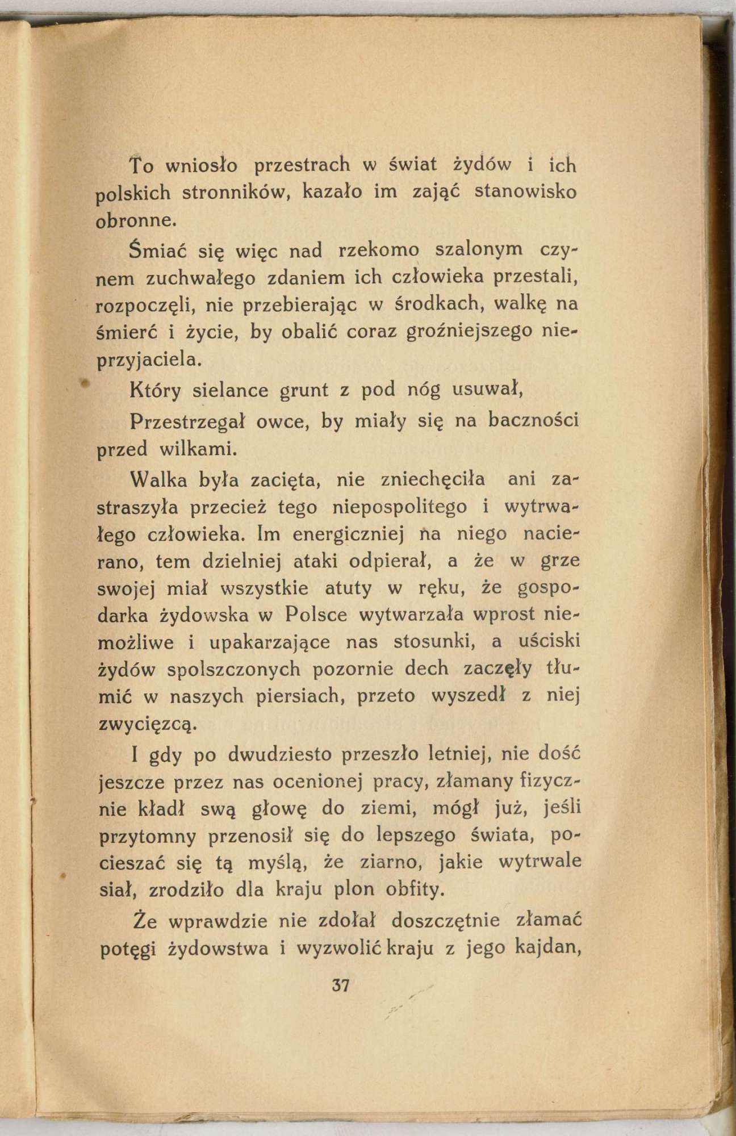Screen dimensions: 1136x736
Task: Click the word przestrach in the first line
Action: click(301, 165)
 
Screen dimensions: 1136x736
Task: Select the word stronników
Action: click(237, 193)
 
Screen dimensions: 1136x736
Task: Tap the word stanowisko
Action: click(525, 192)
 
